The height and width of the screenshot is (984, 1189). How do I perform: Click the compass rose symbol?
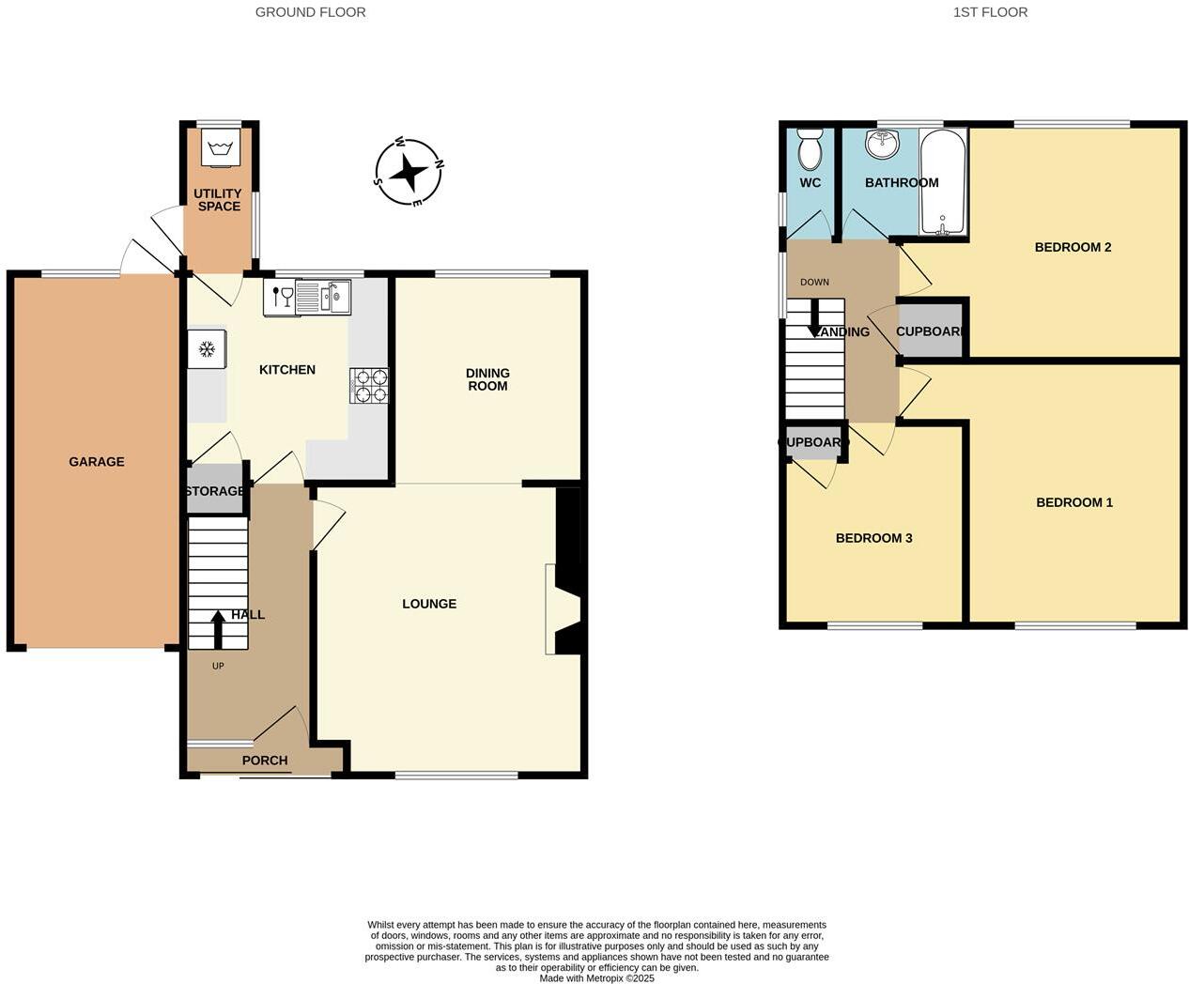(x=409, y=173)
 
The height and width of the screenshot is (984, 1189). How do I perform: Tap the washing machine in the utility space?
(x=221, y=147)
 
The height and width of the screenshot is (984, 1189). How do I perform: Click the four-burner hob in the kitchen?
(x=368, y=385)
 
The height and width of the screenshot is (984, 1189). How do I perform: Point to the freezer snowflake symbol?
(x=207, y=350)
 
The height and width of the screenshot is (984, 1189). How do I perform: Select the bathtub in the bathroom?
(x=942, y=182)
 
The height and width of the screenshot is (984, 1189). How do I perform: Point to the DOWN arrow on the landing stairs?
(x=814, y=317)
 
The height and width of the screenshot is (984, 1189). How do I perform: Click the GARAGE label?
(x=97, y=462)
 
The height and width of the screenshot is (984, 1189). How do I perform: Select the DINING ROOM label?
(x=487, y=379)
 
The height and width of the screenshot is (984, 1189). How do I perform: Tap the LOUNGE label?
(x=429, y=604)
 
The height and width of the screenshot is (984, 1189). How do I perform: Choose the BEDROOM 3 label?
(x=873, y=538)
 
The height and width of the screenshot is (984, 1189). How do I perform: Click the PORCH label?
(x=265, y=761)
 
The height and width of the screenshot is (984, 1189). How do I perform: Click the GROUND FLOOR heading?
(x=311, y=12)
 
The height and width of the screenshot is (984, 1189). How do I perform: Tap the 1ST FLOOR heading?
(x=990, y=12)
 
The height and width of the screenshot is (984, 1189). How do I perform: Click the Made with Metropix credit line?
(x=596, y=978)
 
